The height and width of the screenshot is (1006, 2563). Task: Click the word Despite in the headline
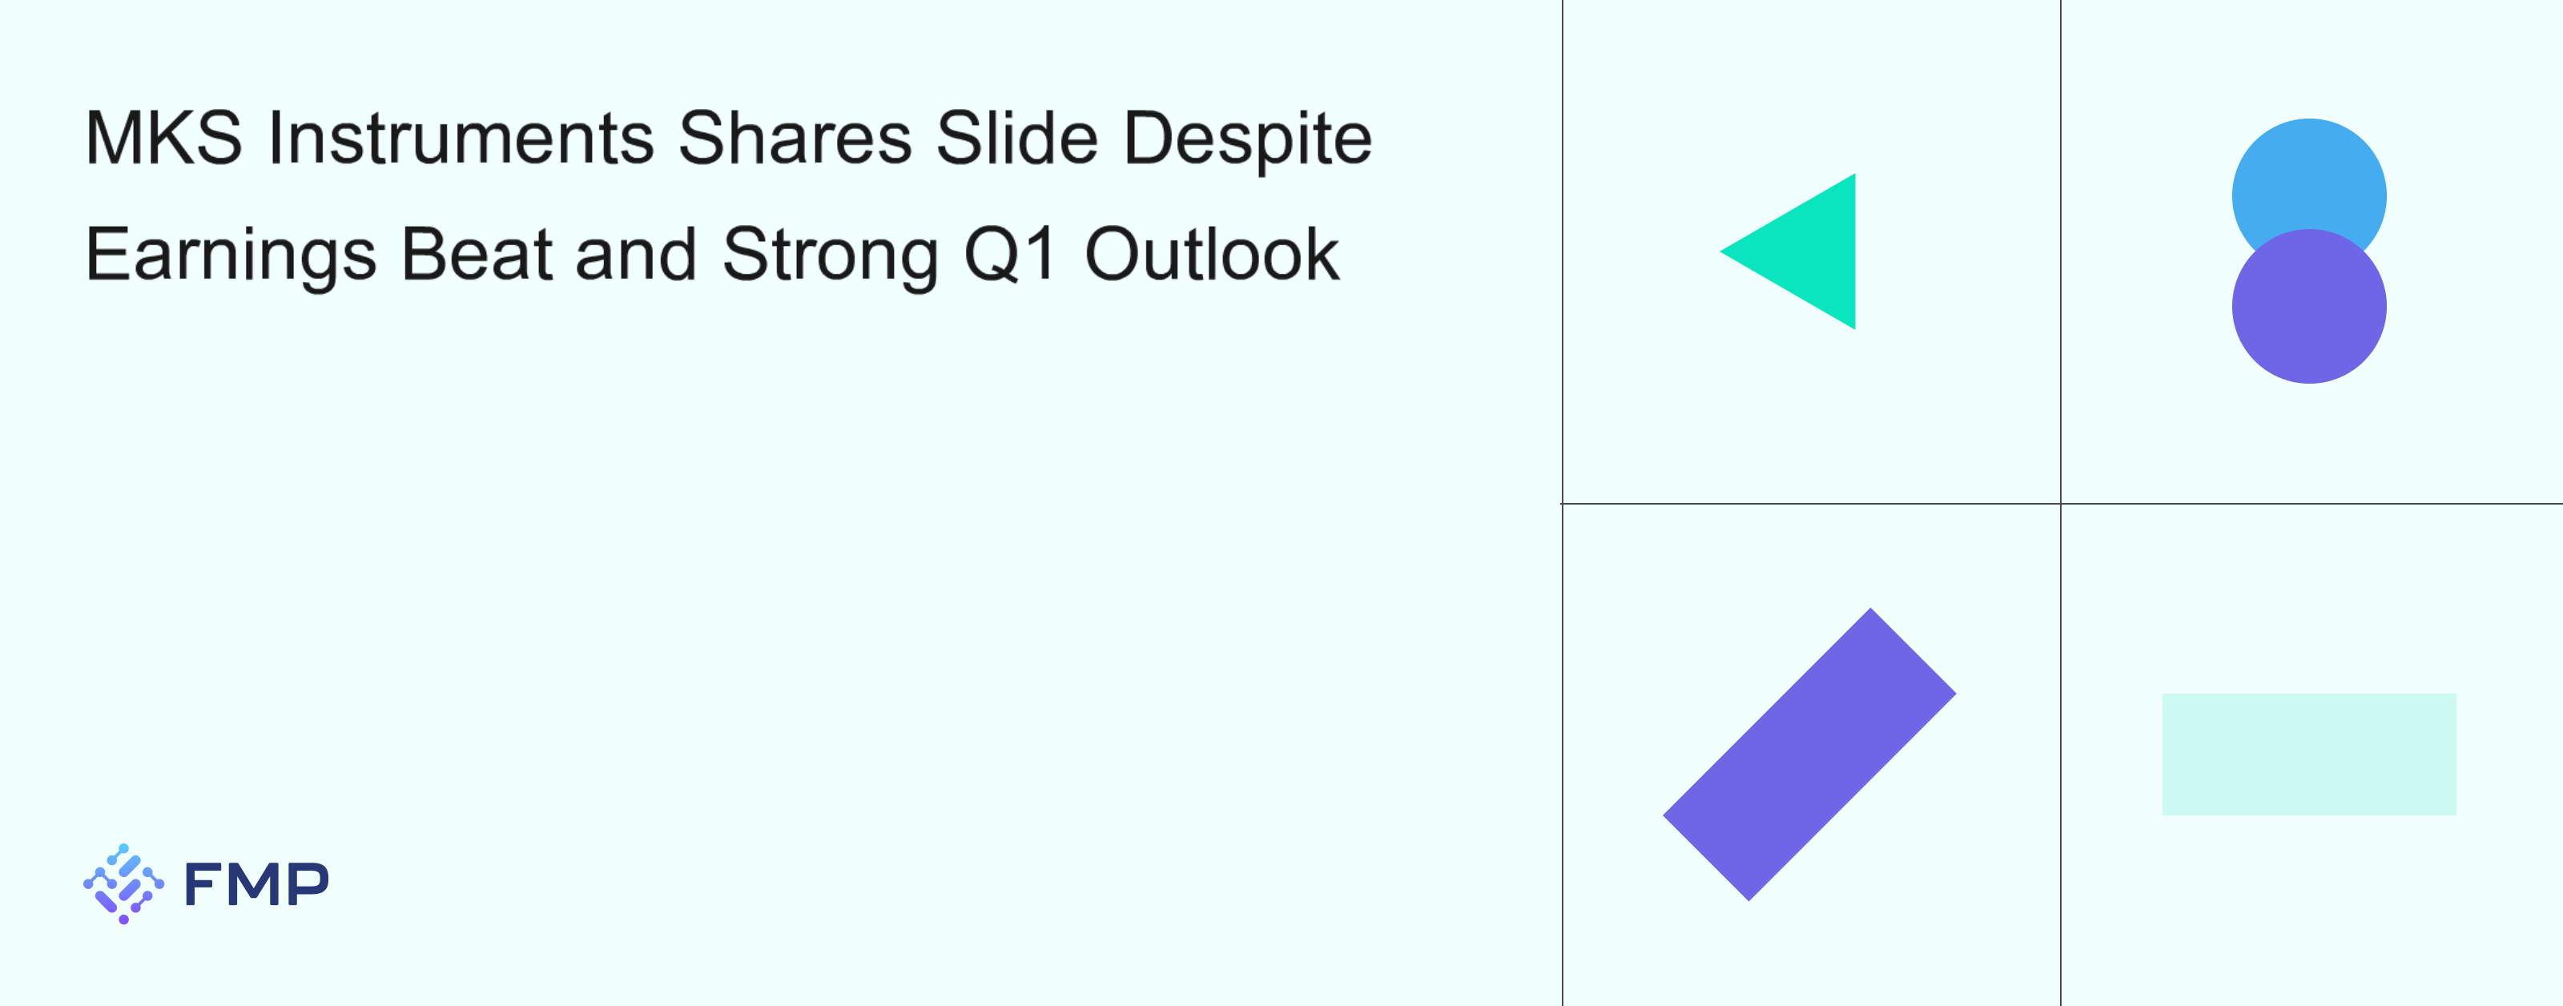point(1248,141)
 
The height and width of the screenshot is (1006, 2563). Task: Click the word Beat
point(477,254)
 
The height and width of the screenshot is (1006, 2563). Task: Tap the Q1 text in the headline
point(1010,255)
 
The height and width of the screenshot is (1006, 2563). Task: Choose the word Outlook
point(1212,254)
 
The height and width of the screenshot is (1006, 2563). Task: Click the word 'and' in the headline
point(637,254)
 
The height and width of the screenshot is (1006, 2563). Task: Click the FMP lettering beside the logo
point(256,883)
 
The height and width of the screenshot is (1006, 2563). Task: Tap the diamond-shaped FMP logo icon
point(123,883)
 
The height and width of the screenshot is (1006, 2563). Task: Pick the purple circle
point(2308,307)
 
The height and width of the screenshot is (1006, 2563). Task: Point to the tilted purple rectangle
point(1810,754)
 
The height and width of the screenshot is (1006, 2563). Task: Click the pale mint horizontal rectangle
point(2308,754)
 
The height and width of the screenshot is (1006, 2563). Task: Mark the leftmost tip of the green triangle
point(1720,251)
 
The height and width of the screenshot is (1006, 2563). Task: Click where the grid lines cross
point(2061,504)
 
